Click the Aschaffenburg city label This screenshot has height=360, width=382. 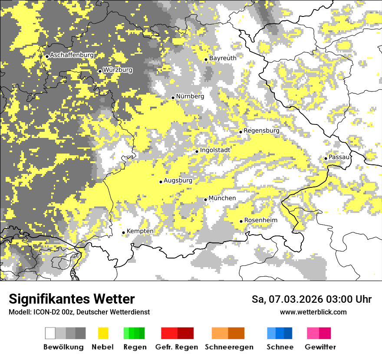pyautogui.click(x=72, y=55)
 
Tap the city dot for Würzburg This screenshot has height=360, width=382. pyautogui.click(x=100, y=71)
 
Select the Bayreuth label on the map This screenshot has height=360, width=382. pyautogui.click(x=223, y=58)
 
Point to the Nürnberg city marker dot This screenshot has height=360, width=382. pyautogui.click(x=173, y=98)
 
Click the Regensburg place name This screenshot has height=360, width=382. pyautogui.click(x=261, y=131)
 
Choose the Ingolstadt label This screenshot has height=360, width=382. pyautogui.click(x=215, y=150)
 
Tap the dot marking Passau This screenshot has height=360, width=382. pyautogui.click(x=326, y=158)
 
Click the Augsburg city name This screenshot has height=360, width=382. pyautogui.click(x=178, y=180)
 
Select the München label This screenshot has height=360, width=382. pyautogui.click(x=222, y=198)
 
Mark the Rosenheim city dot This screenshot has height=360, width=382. pyautogui.click(x=241, y=222)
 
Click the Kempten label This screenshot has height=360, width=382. pyautogui.click(x=140, y=231)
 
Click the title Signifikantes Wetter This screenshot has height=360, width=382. pyautogui.click(x=72, y=299)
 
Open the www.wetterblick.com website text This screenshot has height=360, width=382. pyautogui.click(x=313, y=312)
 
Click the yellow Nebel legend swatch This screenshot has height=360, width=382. pyautogui.click(x=103, y=333)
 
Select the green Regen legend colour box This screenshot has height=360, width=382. pyautogui.click(x=134, y=333)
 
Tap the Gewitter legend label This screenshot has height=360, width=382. pyautogui.click(x=320, y=347)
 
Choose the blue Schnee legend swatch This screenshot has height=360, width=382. pyautogui.click(x=280, y=333)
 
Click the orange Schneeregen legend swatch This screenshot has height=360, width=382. pyautogui.click(x=228, y=333)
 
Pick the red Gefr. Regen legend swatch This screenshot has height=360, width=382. pyautogui.click(x=177, y=333)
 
